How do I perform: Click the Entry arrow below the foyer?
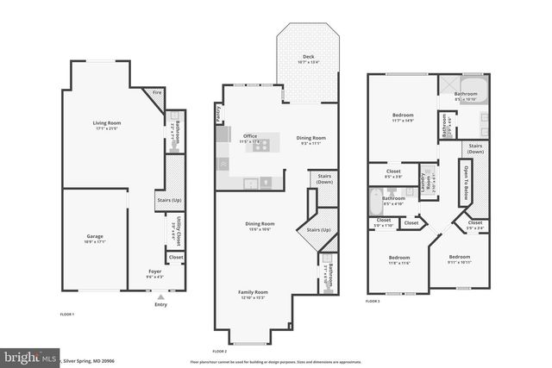(160, 297)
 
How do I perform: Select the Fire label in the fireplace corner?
(157, 92)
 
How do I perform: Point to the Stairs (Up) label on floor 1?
(168, 202)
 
